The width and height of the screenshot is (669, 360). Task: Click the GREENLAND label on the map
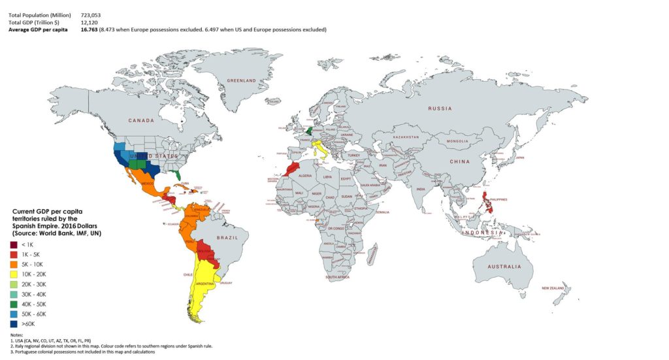pos(241,80)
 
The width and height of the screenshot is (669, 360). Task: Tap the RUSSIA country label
pos(441,108)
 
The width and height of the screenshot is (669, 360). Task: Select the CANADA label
pos(140,121)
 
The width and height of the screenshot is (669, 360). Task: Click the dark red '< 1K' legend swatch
pos(14,244)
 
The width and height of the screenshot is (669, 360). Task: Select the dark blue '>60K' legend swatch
pos(14,322)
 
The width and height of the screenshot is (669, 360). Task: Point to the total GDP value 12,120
pos(89,22)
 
